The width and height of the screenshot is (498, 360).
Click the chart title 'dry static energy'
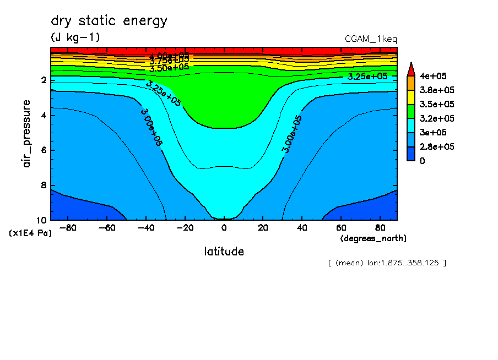point(109,21)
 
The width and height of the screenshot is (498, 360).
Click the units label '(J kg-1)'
point(75,37)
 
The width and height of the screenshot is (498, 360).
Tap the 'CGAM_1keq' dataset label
point(371,39)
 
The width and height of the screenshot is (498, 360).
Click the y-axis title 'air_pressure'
point(27,134)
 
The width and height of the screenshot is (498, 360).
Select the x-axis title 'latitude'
point(224,252)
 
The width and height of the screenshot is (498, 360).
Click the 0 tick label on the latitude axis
point(224,227)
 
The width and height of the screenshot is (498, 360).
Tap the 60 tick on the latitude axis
point(341,227)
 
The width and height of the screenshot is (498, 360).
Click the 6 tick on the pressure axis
point(43,150)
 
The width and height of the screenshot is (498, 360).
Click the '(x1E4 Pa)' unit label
point(30,233)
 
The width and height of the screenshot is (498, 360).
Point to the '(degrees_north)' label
point(373,238)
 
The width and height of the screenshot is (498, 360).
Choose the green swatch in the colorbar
point(410,111)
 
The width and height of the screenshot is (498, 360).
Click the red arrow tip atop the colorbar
point(410,68)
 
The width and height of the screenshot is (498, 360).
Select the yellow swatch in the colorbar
point(410,97)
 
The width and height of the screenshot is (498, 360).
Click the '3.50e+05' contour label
point(169,67)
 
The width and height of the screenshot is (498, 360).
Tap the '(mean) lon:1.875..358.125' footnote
point(387,263)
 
